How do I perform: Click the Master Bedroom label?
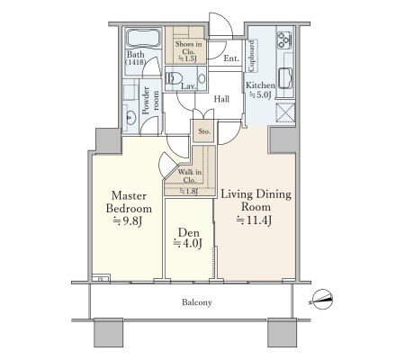point(129,202)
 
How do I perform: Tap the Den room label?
point(188,232)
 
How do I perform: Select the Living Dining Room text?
point(256,201)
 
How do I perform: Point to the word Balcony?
point(197,302)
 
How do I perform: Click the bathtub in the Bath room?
point(143,38)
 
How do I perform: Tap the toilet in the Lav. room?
point(174,78)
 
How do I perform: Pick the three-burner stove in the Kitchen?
point(284,40)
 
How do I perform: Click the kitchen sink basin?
point(285,78)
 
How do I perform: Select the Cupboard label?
point(251,57)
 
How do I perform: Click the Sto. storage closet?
point(203,131)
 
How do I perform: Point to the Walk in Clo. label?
point(190,176)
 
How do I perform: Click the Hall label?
point(221,99)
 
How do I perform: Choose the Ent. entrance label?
point(231,58)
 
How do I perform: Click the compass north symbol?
point(322,299)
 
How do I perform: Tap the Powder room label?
point(150,100)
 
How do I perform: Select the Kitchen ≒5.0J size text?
point(260,90)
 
